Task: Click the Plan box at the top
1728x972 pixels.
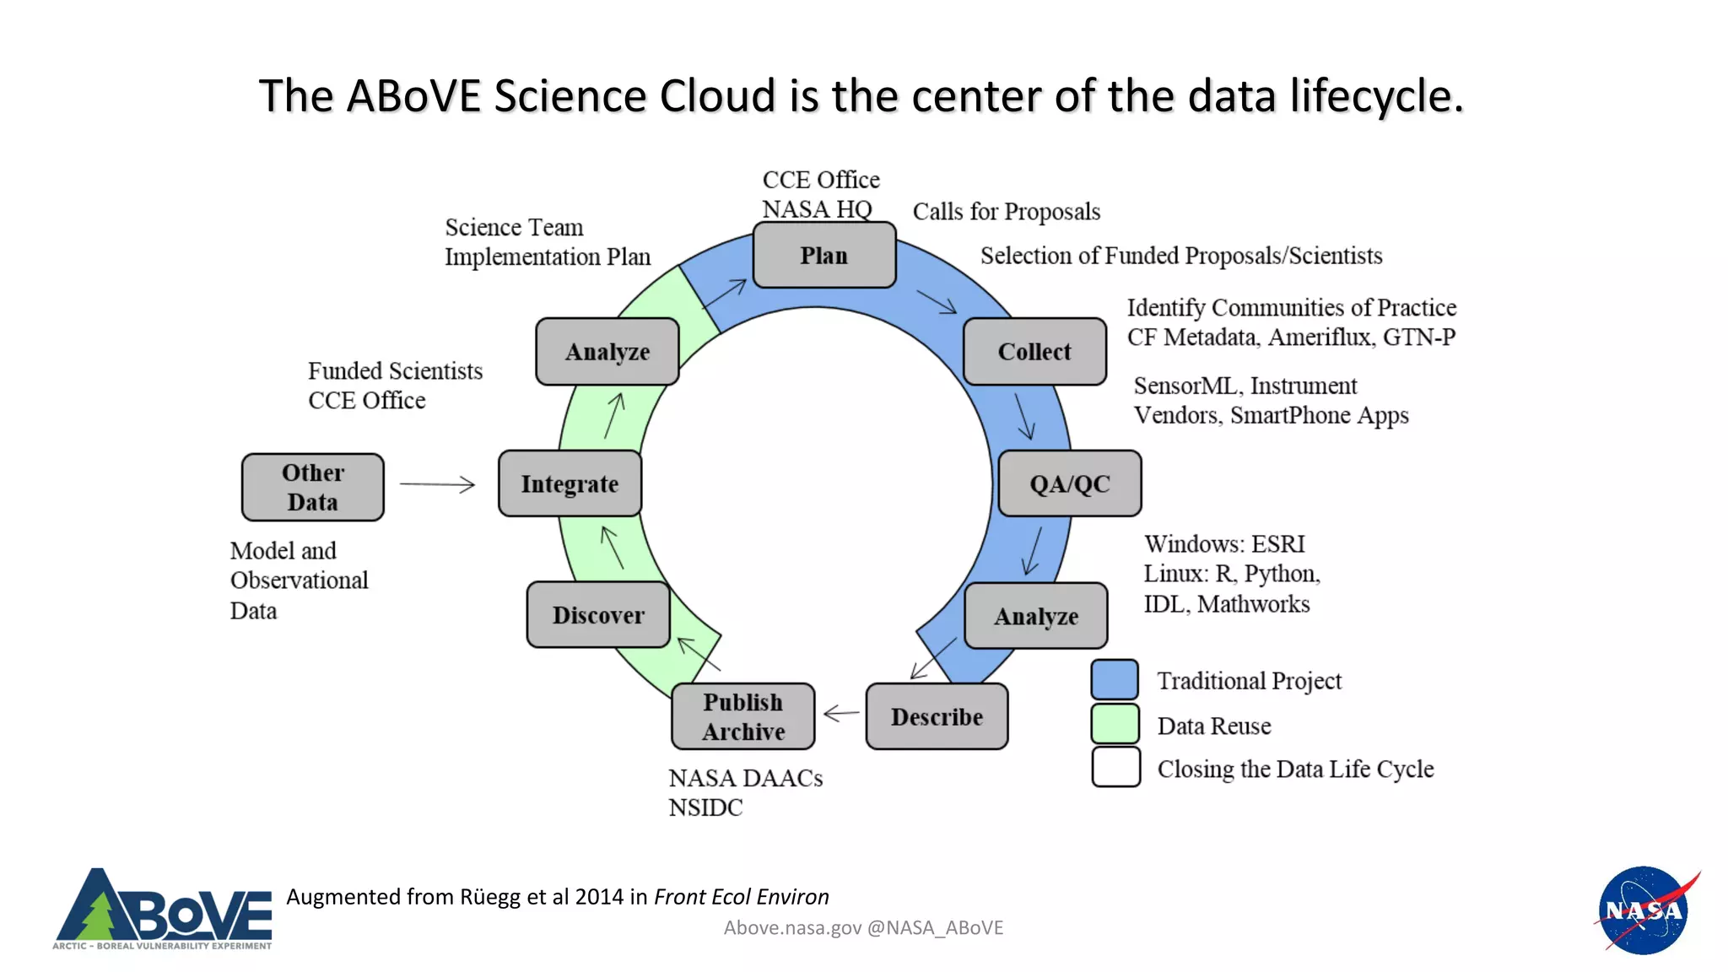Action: coord(823,255)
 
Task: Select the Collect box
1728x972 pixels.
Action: coord(1034,351)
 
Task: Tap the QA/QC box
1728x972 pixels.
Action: coord(1069,483)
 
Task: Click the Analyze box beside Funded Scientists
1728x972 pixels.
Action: coord(607,351)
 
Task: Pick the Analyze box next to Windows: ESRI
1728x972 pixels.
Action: coord(1035,616)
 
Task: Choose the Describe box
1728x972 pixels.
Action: coord(937,716)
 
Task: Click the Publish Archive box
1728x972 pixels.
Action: coord(743,716)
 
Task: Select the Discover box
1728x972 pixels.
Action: coord(598,615)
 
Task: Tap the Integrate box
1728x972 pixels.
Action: coord(570,483)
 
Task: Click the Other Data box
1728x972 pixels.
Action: coord(313,487)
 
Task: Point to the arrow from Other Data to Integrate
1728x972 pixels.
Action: coord(437,484)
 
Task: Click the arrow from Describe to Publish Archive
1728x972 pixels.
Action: coord(840,714)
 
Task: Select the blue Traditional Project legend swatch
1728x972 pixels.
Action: coord(1115,679)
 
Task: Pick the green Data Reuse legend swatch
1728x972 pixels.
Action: coord(1115,724)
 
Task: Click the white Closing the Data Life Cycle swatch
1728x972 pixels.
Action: coord(1115,767)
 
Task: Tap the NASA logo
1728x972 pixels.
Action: coord(1644,910)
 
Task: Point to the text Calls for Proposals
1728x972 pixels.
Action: coord(1006,211)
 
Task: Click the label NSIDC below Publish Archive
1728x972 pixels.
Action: coord(705,807)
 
